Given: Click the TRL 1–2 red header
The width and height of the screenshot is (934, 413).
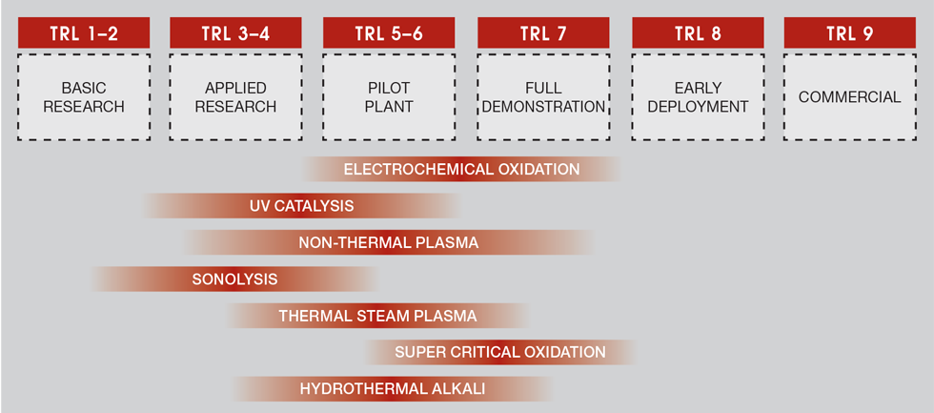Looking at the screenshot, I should tap(84, 33).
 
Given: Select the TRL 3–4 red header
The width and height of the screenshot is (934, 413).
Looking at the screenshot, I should tap(235, 33).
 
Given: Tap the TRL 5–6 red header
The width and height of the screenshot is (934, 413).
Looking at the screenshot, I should tap(389, 33).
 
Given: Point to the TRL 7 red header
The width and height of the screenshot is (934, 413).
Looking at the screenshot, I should tap(543, 33).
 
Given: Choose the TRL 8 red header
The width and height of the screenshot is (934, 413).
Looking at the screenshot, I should tap(698, 33).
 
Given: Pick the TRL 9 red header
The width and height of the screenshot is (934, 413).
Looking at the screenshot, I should tap(849, 33).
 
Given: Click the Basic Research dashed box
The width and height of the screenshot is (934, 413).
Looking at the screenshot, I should tap(84, 97).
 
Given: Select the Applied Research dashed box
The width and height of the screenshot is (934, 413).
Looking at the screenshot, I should tap(235, 97).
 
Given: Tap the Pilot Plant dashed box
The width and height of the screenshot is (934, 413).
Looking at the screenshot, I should tap(389, 97).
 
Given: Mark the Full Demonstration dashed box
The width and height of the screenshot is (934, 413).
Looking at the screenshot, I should tap(543, 97).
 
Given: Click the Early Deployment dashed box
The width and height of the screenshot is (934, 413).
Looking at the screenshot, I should tap(698, 97).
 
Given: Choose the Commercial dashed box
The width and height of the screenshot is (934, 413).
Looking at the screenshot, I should tap(849, 97).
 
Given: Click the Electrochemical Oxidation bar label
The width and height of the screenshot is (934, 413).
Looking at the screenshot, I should tap(461, 170).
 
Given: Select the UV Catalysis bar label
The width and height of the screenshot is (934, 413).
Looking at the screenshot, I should tap(301, 206).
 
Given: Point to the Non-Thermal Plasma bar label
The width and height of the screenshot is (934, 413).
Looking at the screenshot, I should tap(388, 242).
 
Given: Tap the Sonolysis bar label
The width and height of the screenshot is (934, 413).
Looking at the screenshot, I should tap(234, 279).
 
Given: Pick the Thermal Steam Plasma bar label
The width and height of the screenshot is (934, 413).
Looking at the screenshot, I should tap(377, 316).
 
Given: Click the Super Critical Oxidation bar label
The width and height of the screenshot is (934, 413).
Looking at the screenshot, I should tap(500, 352).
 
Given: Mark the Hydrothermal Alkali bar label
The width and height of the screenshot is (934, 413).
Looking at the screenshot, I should tap(393, 388).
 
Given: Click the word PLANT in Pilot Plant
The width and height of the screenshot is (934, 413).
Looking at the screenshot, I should tap(389, 107).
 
